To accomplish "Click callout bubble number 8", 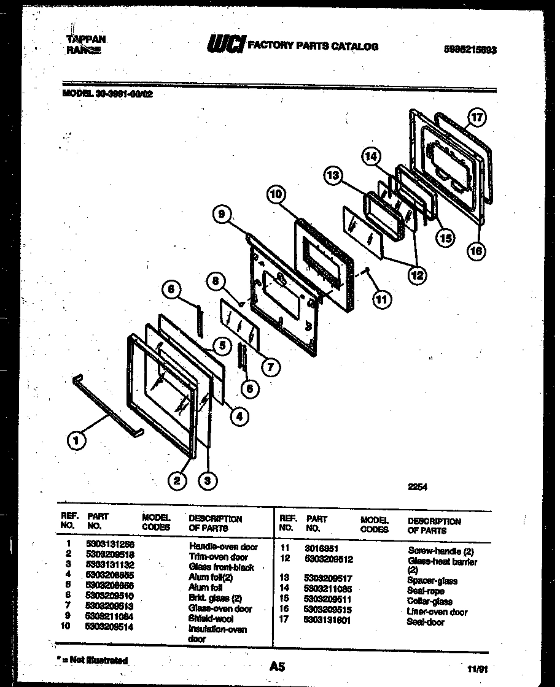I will (216, 282).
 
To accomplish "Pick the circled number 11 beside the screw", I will (382, 299).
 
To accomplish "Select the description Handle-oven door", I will (224, 547).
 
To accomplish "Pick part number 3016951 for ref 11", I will (323, 548).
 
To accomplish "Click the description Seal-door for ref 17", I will (426, 622).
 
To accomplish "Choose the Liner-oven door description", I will (437, 612).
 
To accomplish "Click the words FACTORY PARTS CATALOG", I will (313, 46).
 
